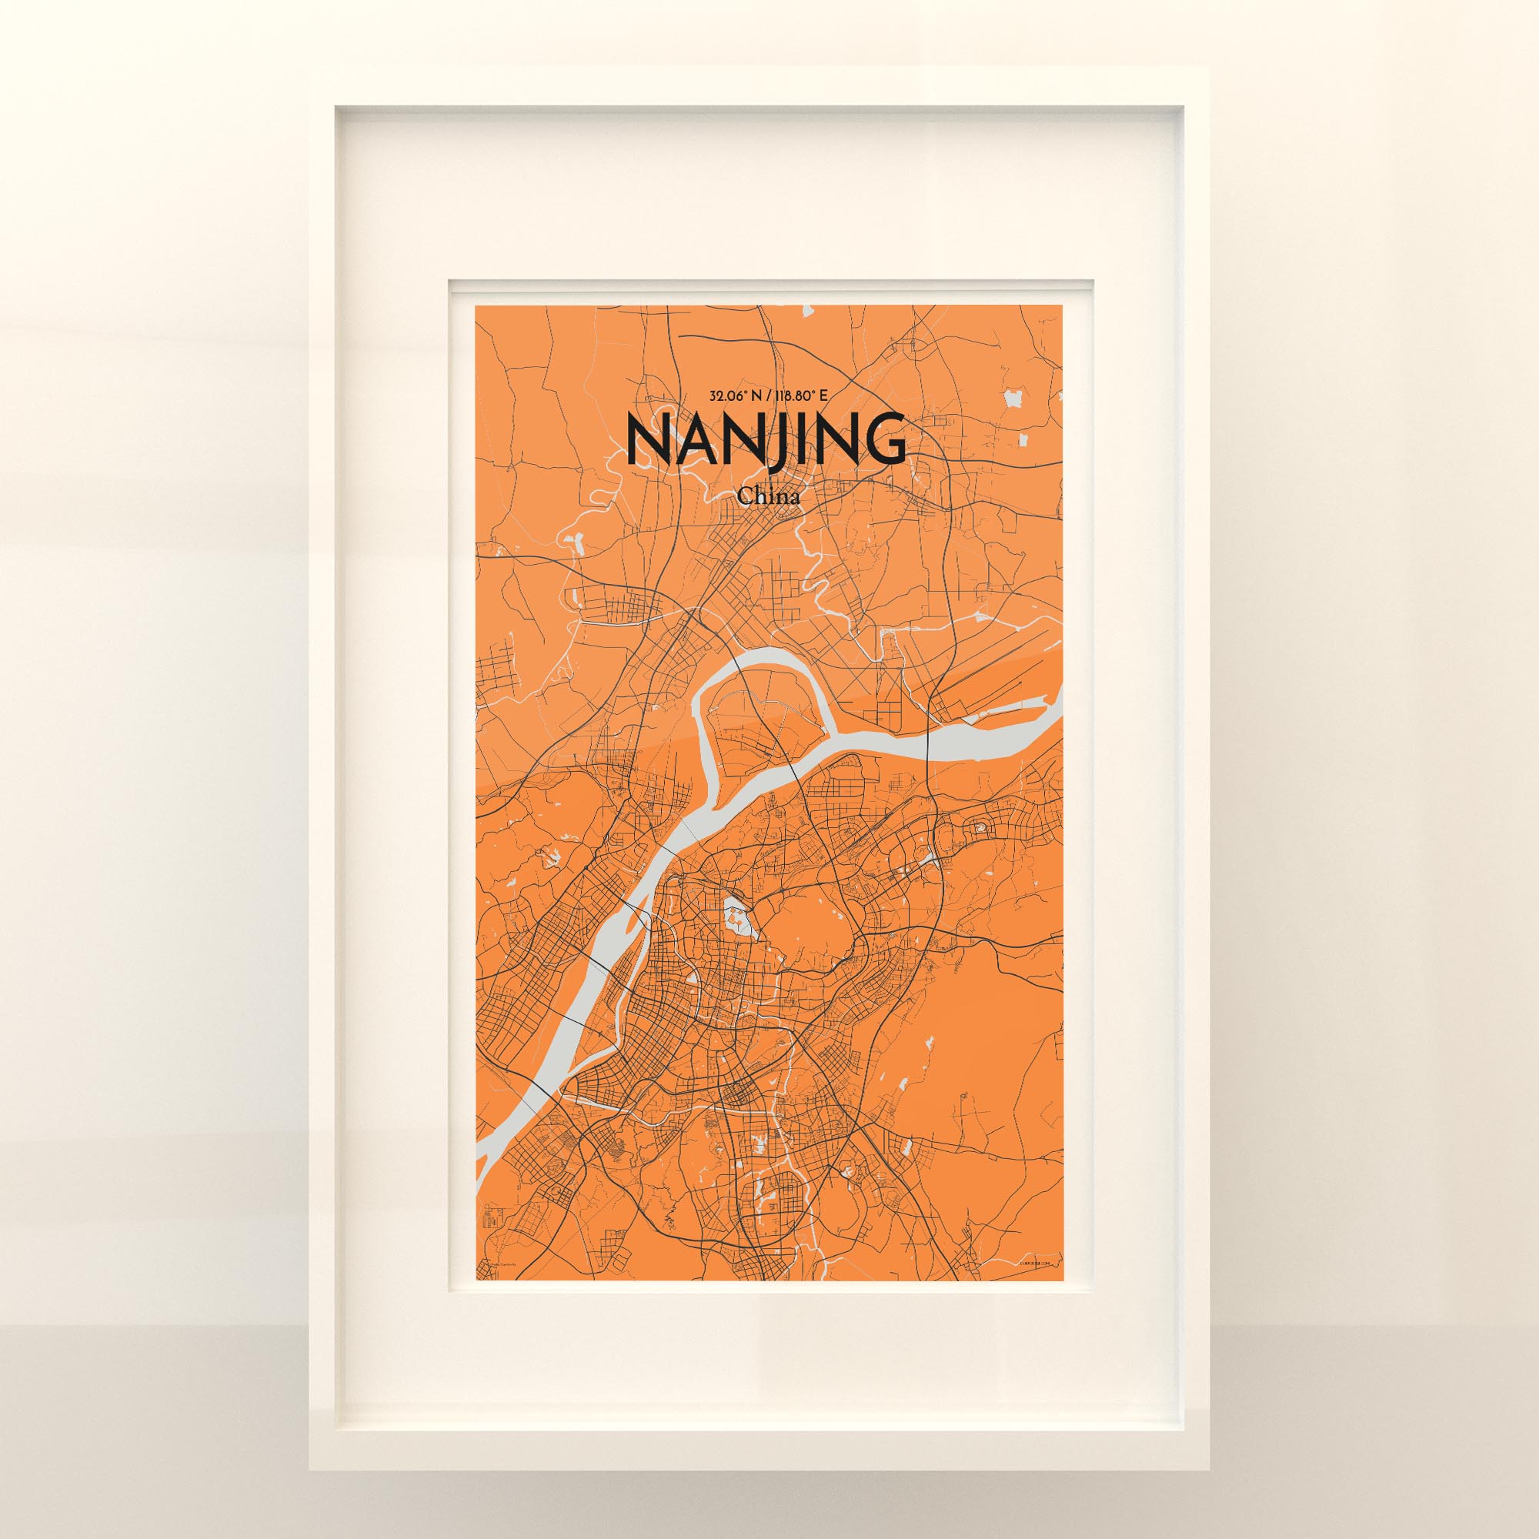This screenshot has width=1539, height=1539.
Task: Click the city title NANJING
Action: pos(767,439)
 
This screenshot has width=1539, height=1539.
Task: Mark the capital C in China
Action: pos(745,496)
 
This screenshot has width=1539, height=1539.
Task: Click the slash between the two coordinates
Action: pos(767,394)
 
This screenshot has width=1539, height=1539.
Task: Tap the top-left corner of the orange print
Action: pos(476,307)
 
